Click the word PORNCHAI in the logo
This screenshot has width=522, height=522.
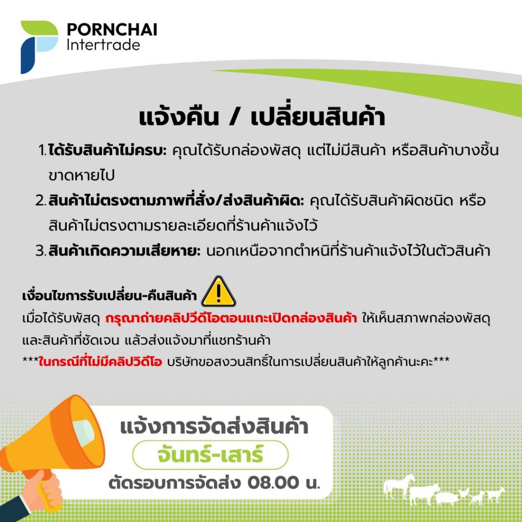point(112,29)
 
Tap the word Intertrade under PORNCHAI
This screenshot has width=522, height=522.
point(103,45)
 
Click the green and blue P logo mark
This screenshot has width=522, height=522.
point(39,47)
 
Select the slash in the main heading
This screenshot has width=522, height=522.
point(235,117)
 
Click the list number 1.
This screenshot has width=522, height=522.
point(42,150)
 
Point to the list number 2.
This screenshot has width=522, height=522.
point(41,200)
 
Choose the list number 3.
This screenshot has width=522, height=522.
point(41,251)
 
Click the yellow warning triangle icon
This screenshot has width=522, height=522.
point(218,292)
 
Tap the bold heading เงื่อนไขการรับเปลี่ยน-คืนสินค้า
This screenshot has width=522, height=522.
point(110,295)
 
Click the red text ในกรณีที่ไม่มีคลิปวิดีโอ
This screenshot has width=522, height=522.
point(100,361)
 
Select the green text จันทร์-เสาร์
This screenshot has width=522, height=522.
point(211,455)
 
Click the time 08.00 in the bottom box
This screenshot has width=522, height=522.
point(273,483)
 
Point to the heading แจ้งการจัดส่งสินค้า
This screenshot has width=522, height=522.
point(214,427)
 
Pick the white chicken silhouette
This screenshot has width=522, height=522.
point(463,493)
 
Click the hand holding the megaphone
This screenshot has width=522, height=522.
point(45,491)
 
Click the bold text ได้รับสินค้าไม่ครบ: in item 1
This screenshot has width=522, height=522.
point(107,150)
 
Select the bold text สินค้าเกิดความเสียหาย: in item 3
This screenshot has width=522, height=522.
point(124,251)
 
